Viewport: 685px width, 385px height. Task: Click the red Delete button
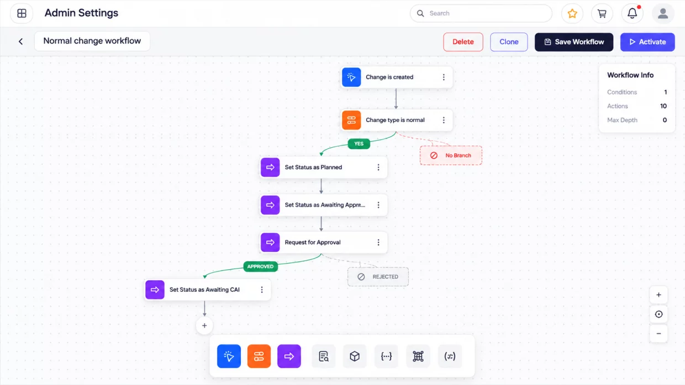[463, 42]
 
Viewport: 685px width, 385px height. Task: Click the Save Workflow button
[573, 42]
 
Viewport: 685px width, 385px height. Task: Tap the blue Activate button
[647, 42]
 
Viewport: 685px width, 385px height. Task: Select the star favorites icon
[572, 13]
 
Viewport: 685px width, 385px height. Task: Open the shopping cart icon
[602, 13]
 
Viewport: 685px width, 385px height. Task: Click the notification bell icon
[632, 13]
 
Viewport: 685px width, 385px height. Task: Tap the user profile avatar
[663, 13]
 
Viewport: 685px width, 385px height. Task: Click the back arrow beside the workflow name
[21, 41]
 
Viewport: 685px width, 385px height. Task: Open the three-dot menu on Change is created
[444, 77]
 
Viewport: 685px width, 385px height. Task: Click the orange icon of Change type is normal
[351, 120]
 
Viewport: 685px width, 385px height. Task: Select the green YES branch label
[359, 143]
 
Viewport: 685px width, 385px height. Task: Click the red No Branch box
[451, 156]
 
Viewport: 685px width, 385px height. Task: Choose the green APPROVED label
[260, 266]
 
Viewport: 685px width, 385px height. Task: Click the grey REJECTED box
[378, 276]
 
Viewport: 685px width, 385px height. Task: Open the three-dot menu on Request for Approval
[378, 242]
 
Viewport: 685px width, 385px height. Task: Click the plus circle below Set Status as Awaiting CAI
[204, 325]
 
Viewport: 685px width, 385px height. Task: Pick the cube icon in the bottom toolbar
[355, 356]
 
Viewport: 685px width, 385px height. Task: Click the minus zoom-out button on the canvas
[658, 334]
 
